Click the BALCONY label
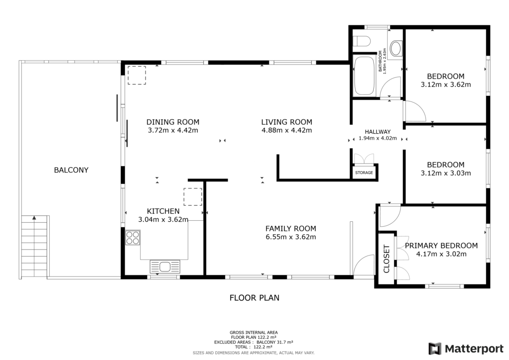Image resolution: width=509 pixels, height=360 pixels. tap(71, 170)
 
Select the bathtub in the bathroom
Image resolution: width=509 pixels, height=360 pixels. tap(364, 76)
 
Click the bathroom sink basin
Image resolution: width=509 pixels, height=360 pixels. tap(395, 48)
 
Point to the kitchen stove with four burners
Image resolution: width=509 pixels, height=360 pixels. tap(133, 237)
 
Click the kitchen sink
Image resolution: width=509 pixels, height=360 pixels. tap(165, 267)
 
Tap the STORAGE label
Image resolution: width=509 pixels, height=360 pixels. tap(364, 173)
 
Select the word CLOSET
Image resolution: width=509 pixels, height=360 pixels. tap(386, 259)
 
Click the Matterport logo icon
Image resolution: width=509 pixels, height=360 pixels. tap(435, 349)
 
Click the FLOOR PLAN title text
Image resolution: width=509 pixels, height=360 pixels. tap(254, 298)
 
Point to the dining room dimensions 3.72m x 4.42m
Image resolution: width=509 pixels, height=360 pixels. tap(172, 130)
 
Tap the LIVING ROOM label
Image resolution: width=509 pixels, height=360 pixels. tap(287, 122)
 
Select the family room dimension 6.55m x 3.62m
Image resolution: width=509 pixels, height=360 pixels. tap(290, 237)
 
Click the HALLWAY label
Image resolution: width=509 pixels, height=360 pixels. tap(378, 132)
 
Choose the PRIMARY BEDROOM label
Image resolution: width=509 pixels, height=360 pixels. tap(441, 246)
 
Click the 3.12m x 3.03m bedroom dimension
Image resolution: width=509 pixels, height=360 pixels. tap(446, 174)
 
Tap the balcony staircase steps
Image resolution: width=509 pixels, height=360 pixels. tap(34, 247)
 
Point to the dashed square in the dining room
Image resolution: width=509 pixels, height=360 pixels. tap(137, 75)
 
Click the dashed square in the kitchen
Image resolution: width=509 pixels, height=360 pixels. tap(193, 197)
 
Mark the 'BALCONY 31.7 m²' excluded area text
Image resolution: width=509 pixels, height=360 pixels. tap(275, 342)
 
